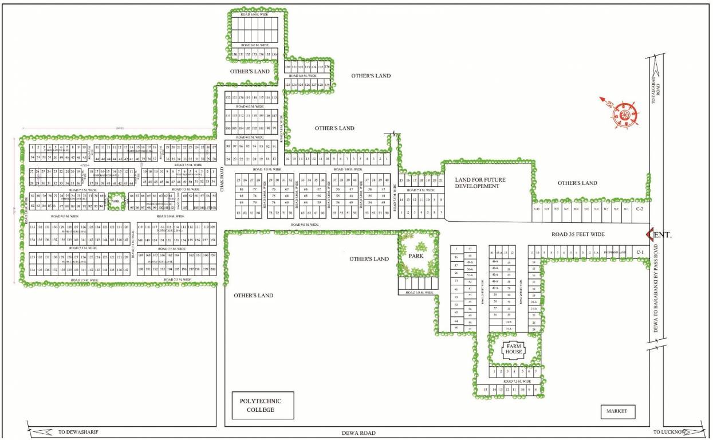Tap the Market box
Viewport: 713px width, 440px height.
[617, 411]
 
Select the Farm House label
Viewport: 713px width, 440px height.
[514, 348]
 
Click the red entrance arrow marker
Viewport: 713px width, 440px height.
[649, 234]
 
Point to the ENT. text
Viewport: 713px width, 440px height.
[663, 235]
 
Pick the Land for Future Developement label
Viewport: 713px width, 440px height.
[478, 183]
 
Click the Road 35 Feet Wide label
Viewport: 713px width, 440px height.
[578, 234]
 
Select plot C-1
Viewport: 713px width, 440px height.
[640, 253]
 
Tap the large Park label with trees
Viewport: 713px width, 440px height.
[416, 256]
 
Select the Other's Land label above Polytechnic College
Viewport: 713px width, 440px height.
[253, 296]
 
